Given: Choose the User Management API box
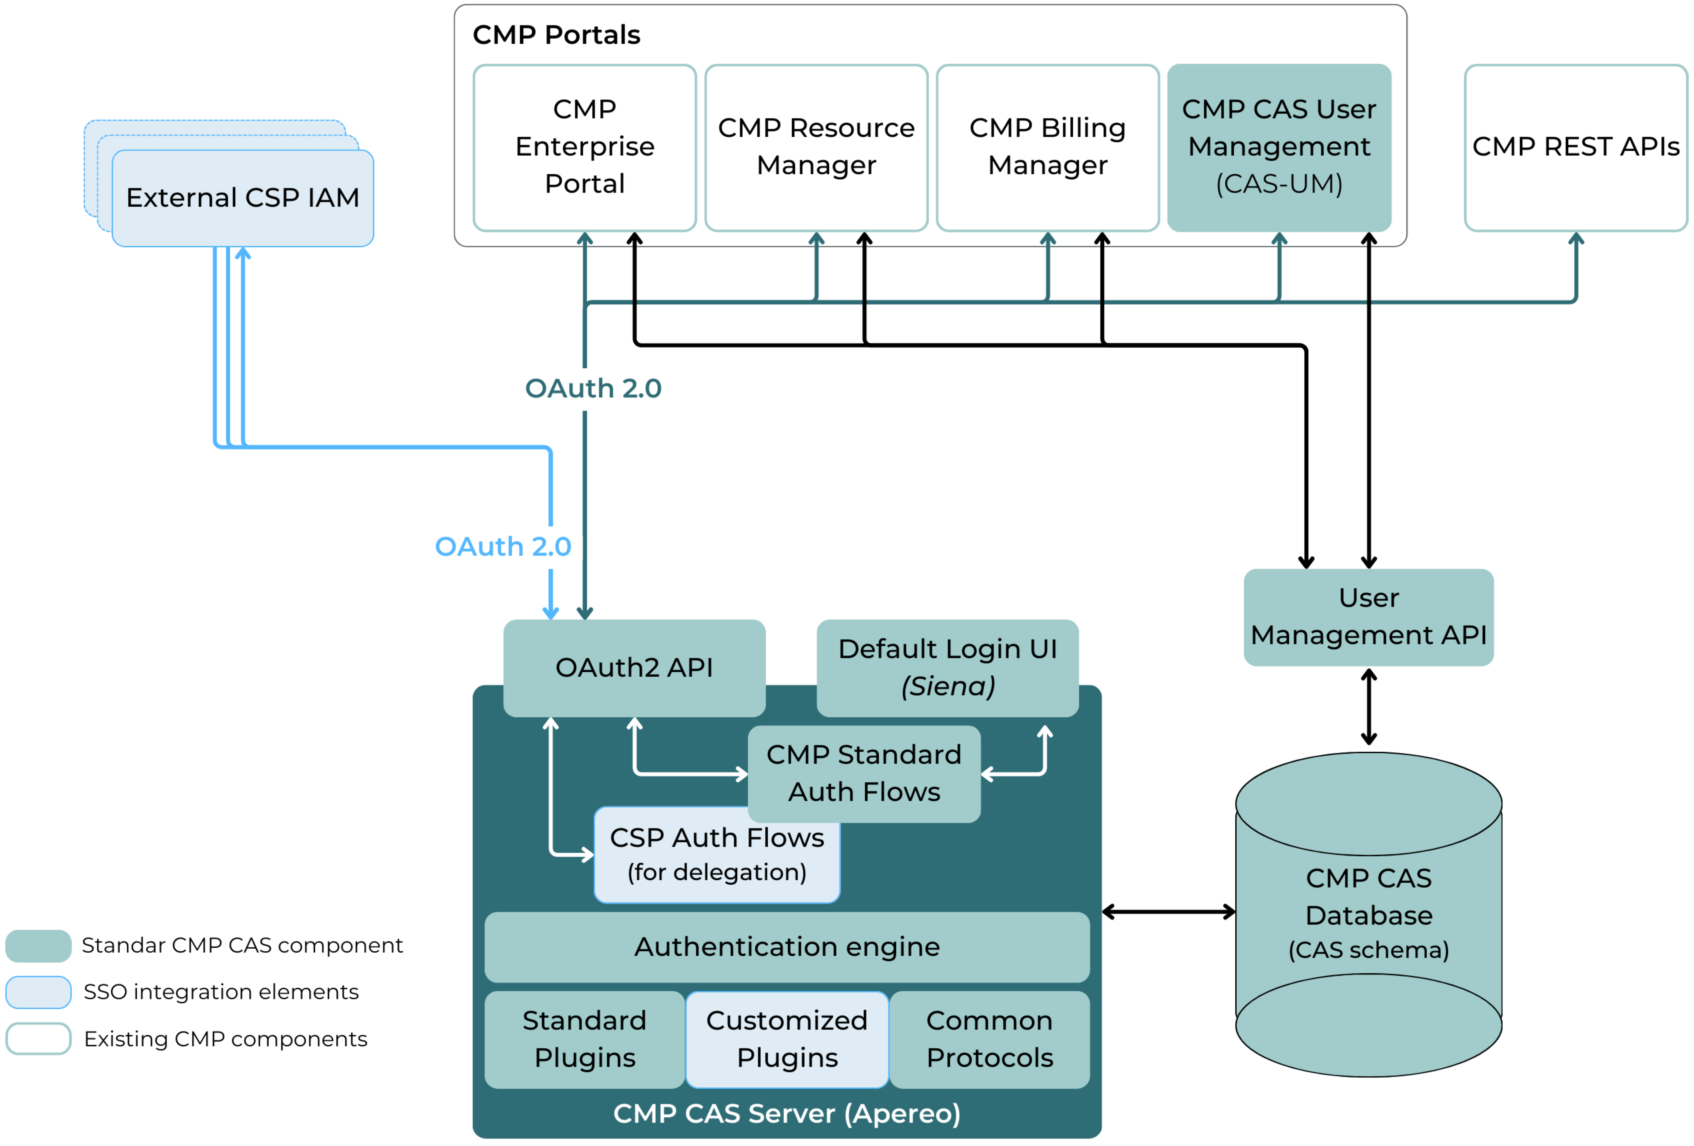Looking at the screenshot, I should pyautogui.click(x=1368, y=617).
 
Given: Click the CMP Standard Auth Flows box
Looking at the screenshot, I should pyautogui.click(x=864, y=774).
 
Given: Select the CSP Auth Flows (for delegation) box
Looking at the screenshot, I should pyautogui.click(x=716, y=854).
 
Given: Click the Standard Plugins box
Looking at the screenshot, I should pyautogui.click(x=585, y=1039).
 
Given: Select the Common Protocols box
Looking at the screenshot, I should pyautogui.click(x=989, y=1039).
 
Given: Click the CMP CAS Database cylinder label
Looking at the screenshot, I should pyautogui.click(x=1368, y=914).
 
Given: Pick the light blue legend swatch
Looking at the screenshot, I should pyautogui.click(x=39, y=992).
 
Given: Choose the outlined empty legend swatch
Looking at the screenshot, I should pyautogui.click(x=39, y=1038).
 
